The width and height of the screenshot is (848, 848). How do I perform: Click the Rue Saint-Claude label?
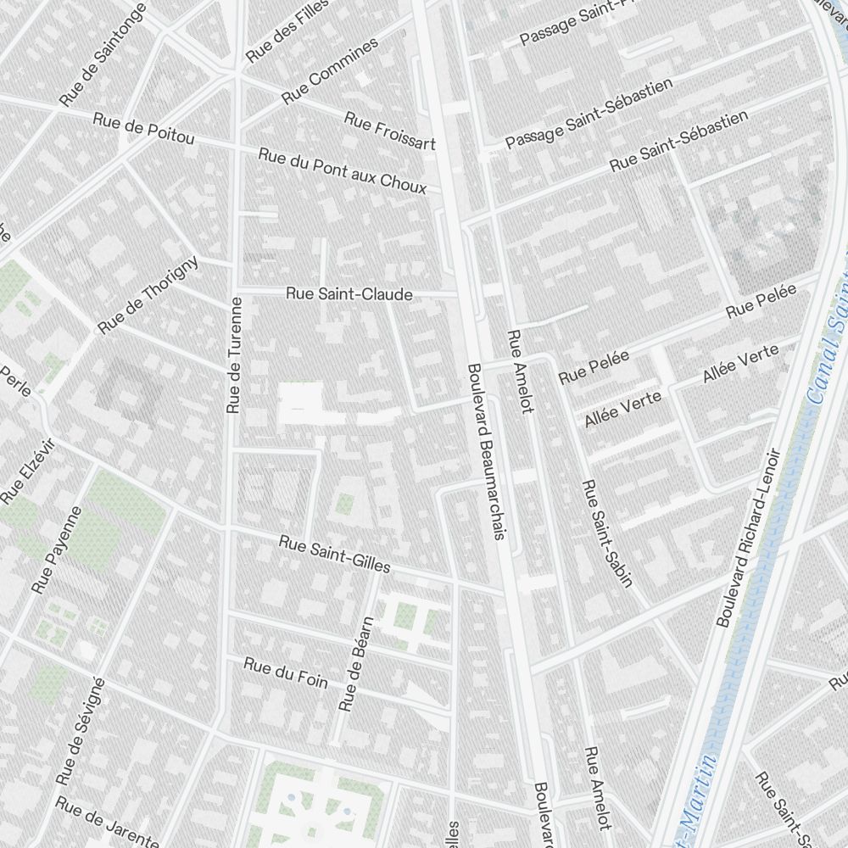click(349, 294)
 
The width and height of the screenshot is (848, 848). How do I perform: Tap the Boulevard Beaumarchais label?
click(486, 451)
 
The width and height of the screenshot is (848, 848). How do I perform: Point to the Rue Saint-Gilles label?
click(334, 553)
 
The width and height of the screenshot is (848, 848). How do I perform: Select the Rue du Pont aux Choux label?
click(343, 170)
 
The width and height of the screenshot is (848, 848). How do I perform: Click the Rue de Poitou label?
click(144, 128)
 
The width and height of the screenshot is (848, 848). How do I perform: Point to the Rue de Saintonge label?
click(103, 55)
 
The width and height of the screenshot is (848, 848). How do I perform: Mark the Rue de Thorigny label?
click(148, 294)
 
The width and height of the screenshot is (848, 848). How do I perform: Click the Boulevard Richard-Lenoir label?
click(747, 538)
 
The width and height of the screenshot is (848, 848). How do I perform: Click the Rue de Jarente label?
click(107, 821)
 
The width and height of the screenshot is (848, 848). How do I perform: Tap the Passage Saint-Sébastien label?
click(589, 114)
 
